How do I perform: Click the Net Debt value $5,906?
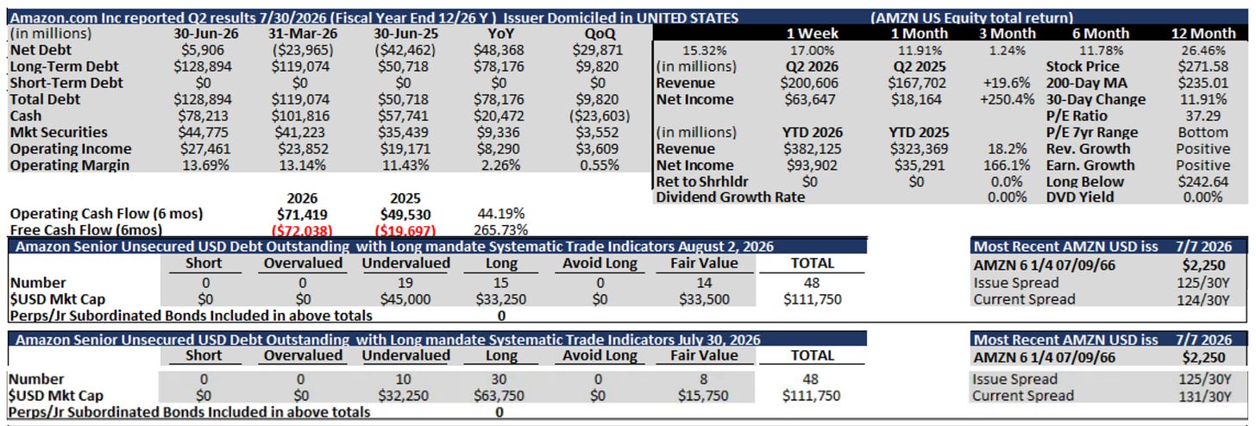coord(203,50)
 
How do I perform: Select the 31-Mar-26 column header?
coord(303,34)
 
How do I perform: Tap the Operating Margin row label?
coord(70,166)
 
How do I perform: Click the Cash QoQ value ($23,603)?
coord(600,116)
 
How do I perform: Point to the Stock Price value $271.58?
coord(1203,66)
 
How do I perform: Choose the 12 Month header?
coord(1203,34)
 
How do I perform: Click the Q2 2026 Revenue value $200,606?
coord(809,83)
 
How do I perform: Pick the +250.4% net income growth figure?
coord(1007,99)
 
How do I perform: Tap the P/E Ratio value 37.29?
coord(1203,116)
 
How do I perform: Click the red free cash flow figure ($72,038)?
coord(302,230)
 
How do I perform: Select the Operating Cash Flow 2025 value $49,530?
coord(405,215)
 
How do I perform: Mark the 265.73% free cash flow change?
coord(500,229)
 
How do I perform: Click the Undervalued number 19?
coord(405,283)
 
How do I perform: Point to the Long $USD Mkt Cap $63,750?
coord(499,396)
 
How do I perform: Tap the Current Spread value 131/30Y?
coord(1204,397)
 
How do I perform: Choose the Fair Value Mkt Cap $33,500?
coord(704,299)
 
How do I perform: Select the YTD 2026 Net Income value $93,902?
coord(812,166)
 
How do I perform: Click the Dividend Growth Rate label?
coord(730,197)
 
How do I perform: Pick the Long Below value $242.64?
coord(1203,182)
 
